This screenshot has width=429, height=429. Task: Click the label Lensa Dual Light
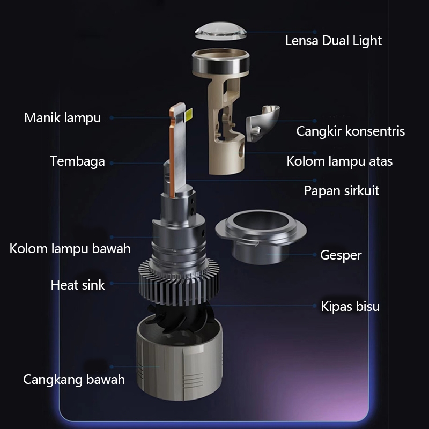pos(333,41)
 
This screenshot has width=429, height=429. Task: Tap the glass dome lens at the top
pos(220,31)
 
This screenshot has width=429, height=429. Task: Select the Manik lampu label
pos(62,118)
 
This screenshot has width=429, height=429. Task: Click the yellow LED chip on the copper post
pos(189,114)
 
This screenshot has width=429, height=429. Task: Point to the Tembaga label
pos(77,161)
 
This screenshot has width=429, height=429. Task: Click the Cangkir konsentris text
pos(351,131)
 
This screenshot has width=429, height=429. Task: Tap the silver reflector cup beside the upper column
pos(262,123)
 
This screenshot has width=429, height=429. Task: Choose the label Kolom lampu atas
pos(339,161)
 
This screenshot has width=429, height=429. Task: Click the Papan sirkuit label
pos(342,191)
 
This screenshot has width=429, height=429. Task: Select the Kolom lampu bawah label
pos(70,249)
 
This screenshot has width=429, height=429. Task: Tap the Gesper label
pos(341,255)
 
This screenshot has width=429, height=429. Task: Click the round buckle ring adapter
pos(261,236)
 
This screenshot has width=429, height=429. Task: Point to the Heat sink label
pos(78,285)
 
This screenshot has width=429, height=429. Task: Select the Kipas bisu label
pos(350,306)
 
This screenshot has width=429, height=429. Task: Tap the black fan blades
pos(179,317)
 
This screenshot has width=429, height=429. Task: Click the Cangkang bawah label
pos(74,380)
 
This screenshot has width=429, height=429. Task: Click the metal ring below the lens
pos(220,62)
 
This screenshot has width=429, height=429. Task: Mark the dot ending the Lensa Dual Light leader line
pos(315,32)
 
